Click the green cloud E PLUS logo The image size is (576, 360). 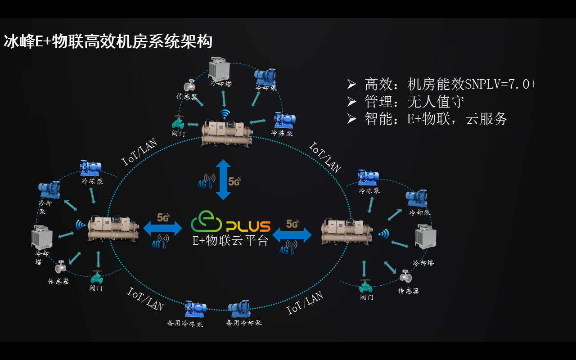coord(230,223)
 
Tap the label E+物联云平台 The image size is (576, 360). coord(230,241)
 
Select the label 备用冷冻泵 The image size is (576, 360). coord(185,323)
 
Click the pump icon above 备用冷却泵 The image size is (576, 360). coord(239,308)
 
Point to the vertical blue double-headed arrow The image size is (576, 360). coord(223,179)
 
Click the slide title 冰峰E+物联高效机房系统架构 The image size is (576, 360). coord(108,42)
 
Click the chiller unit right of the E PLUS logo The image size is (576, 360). coord(346,232)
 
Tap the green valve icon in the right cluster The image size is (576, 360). coord(365,285)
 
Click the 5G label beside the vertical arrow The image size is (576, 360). coord(234,182)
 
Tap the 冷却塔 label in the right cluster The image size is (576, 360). coord(423,262)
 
